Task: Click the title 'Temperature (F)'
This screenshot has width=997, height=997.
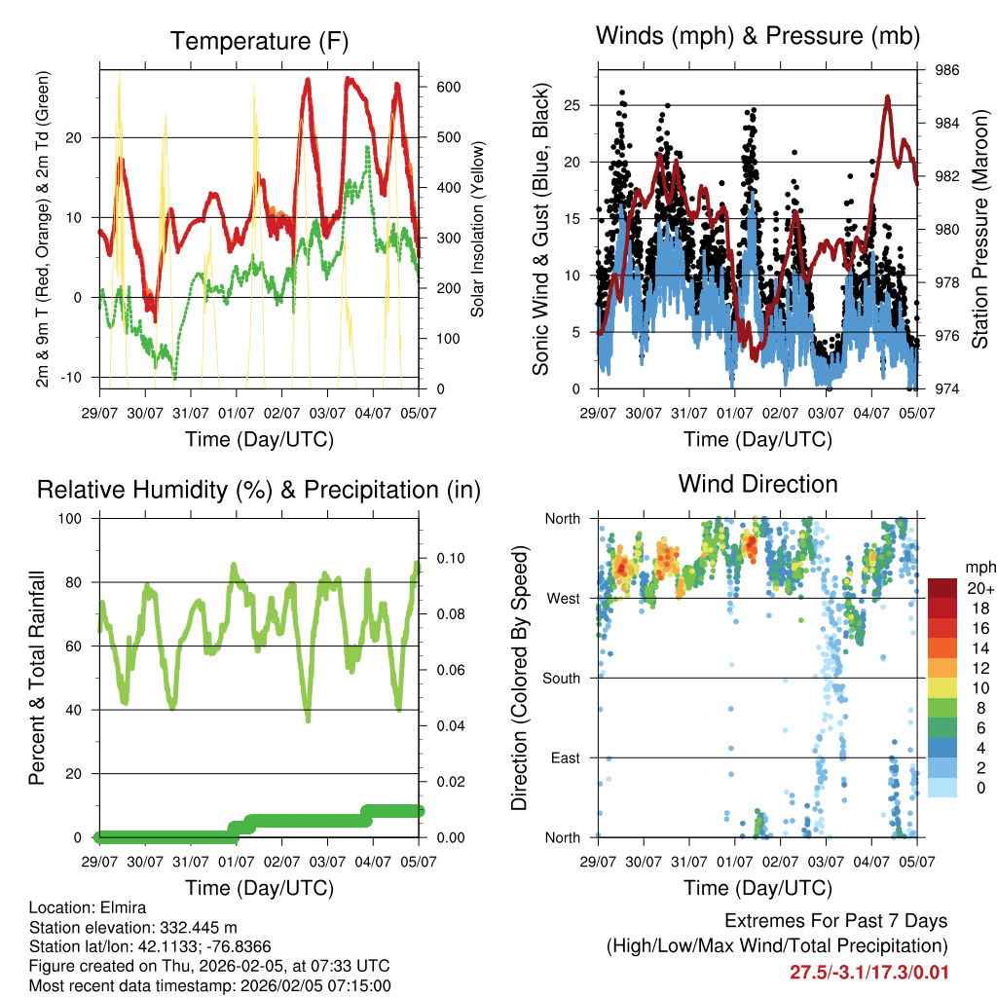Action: pyautogui.click(x=259, y=41)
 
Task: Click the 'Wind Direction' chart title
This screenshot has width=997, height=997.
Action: pyautogui.click(x=757, y=483)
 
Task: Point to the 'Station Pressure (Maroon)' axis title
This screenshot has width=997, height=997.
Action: pyautogui.click(x=979, y=231)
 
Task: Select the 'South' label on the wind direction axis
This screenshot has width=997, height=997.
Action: pyautogui.click(x=561, y=678)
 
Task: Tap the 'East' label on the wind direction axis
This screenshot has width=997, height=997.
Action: pyautogui.click(x=565, y=757)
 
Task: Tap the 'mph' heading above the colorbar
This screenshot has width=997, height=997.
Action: pyautogui.click(x=979, y=567)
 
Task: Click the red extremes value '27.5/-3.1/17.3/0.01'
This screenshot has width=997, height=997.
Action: pyautogui.click(x=868, y=972)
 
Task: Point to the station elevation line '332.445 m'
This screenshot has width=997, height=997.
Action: pyautogui.click(x=133, y=927)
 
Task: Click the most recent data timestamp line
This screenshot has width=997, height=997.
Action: pyautogui.click(x=209, y=985)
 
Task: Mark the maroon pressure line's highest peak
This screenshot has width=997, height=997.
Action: pyautogui.click(x=887, y=96)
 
